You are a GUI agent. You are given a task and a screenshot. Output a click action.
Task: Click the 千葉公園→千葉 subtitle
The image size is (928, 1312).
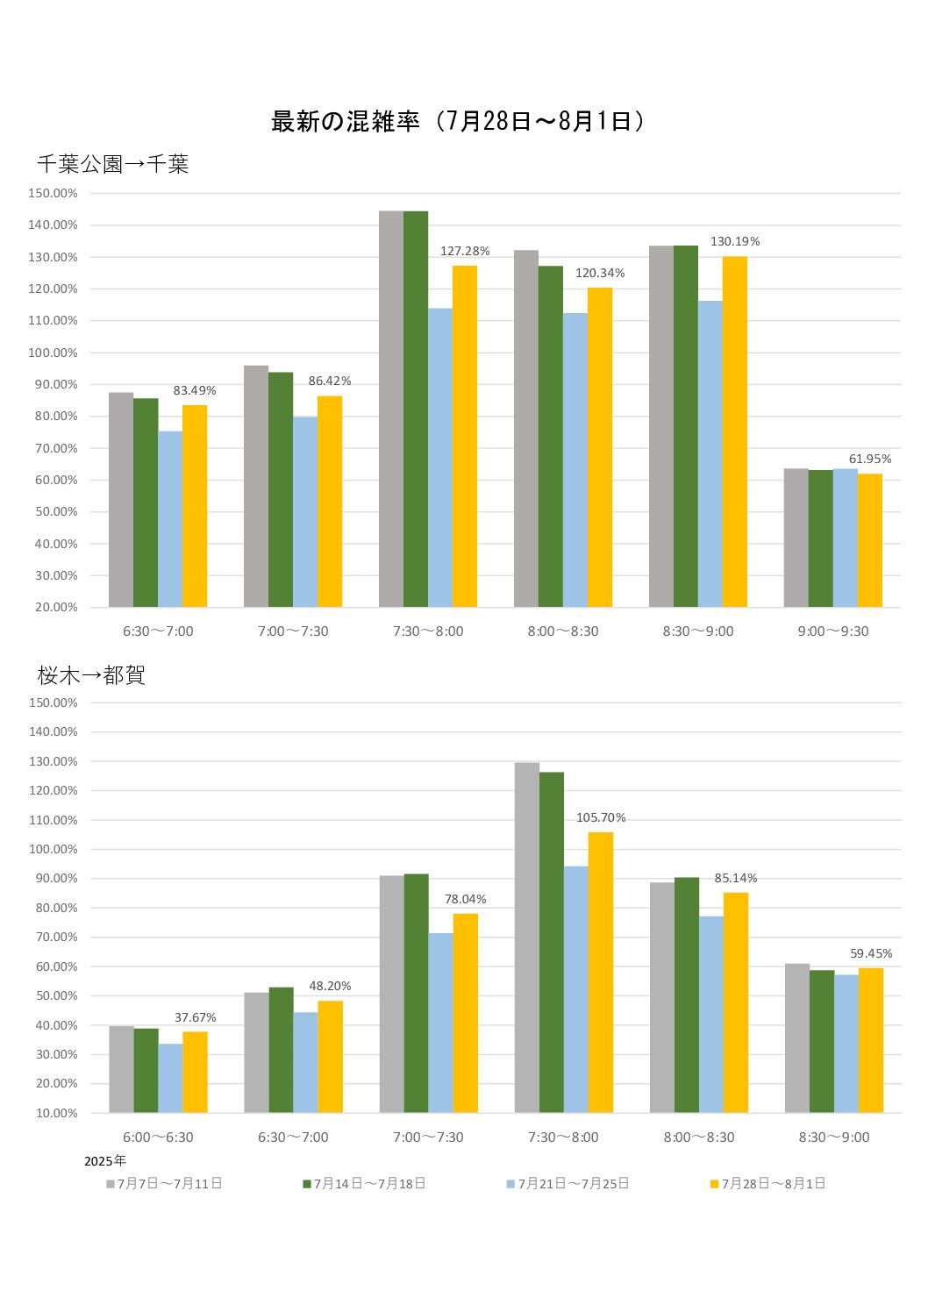(113, 164)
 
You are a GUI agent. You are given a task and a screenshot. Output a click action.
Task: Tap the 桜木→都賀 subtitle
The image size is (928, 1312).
(91, 674)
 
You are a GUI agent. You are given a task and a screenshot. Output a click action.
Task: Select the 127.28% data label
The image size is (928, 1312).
(465, 252)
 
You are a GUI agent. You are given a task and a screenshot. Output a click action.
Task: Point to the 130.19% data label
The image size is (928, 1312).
(735, 242)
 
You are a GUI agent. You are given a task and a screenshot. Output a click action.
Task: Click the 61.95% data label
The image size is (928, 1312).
(869, 460)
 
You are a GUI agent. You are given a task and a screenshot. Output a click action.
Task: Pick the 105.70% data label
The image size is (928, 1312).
(601, 818)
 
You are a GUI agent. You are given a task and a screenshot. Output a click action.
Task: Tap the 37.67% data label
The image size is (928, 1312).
(195, 1018)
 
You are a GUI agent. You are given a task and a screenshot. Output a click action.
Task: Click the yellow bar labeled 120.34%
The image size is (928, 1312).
(600, 447)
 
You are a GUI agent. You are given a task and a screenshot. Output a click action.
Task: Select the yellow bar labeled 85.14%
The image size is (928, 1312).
(736, 1002)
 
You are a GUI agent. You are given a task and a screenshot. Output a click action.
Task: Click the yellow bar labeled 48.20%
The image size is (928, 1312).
(330, 1057)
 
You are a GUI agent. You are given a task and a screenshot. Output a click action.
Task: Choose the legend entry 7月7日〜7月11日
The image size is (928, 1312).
(165, 1184)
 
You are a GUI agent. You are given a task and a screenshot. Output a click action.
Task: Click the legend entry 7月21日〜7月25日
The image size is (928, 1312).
(568, 1184)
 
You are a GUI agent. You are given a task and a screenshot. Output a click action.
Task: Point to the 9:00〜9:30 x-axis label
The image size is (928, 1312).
(832, 631)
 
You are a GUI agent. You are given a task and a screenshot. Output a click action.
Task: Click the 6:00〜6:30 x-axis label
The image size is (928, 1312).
(158, 1137)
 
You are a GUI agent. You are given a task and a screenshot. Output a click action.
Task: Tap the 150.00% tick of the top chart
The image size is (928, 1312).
(53, 193)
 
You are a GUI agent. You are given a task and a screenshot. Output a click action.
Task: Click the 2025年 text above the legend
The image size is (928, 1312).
(105, 1161)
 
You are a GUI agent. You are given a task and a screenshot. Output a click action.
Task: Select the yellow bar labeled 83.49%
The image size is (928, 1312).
(195, 506)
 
